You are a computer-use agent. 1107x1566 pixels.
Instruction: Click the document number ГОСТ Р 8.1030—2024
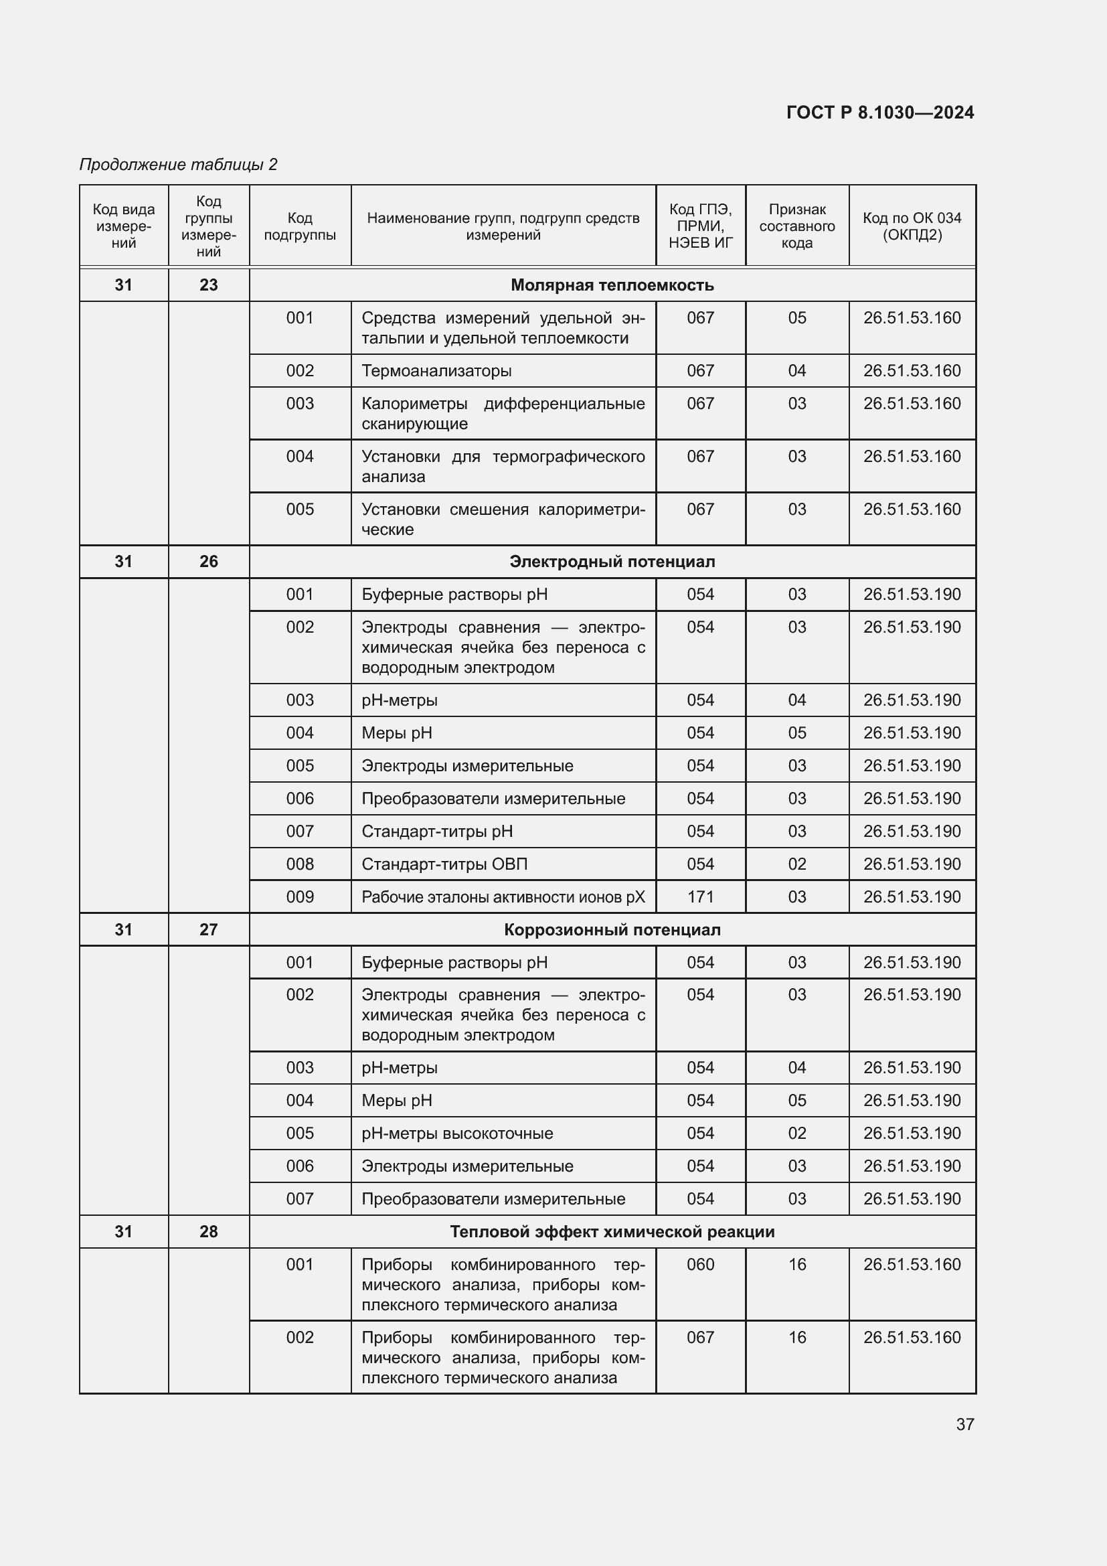(x=879, y=112)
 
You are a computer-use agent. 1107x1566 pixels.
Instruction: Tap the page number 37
(x=964, y=1424)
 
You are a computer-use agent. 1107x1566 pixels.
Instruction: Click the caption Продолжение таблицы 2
(x=179, y=165)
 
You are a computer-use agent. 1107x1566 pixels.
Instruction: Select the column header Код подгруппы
(x=300, y=226)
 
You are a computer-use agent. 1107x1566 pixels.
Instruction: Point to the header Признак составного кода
(x=796, y=226)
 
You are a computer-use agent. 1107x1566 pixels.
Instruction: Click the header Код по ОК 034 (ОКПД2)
(x=912, y=226)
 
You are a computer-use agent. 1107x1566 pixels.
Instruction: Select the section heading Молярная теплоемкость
(x=612, y=285)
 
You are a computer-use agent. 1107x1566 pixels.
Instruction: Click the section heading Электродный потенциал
(x=612, y=561)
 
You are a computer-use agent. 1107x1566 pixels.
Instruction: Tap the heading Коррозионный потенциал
(x=612, y=930)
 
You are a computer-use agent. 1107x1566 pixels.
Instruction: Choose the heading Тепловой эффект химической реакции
(x=612, y=1232)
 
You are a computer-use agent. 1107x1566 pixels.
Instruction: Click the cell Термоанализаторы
(x=436, y=371)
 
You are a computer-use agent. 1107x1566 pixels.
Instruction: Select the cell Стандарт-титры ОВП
(x=444, y=864)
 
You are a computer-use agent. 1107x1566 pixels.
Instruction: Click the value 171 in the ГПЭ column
(x=700, y=897)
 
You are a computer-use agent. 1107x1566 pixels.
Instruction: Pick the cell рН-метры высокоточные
(x=456, y=1133)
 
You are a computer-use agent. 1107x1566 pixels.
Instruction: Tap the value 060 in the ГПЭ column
(x=700, y=1265)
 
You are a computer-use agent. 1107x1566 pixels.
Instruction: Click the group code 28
(x=209, y=1232)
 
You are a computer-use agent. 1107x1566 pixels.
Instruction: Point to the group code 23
(x=209, y=285)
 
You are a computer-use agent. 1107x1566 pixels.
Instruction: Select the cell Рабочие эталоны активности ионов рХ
(x=503, y=897)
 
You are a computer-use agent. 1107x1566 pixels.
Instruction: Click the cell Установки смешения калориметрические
(x=503, y=519)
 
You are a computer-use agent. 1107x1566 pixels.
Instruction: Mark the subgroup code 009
(x=300, y=897)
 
